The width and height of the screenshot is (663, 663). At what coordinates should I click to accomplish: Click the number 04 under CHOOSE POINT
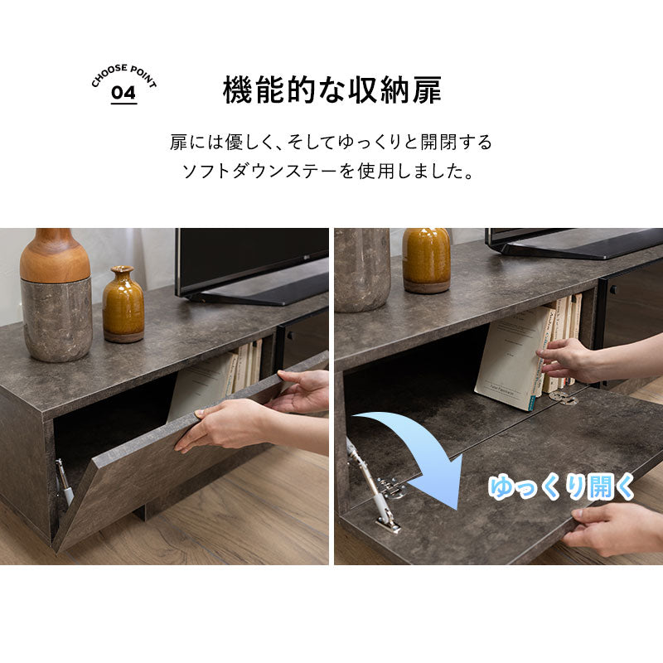[123, 93]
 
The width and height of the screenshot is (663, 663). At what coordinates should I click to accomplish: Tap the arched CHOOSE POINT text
[123, 73]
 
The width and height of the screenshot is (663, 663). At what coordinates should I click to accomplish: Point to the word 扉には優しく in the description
[220, 142]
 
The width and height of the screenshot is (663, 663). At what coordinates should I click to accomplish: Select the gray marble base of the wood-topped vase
[56, 319]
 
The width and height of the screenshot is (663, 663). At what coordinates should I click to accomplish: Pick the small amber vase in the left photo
[123, 305]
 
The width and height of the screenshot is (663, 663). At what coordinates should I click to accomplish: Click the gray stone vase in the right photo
[362, 269]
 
